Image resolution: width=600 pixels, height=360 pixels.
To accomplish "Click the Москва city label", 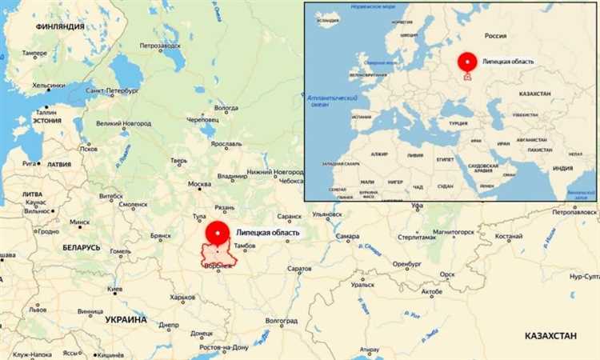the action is coord(198,185).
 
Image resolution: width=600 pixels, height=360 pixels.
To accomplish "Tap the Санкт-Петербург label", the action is coord(111,92).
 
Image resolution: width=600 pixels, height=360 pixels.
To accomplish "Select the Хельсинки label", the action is coord(48,85).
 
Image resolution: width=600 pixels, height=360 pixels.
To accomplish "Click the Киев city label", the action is coord(115,289).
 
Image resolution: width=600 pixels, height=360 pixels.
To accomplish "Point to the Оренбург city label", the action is coord(406,264).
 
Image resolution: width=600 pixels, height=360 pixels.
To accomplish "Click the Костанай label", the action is coord(508,237).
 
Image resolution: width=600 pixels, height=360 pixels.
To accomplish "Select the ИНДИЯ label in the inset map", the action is coord(562,168).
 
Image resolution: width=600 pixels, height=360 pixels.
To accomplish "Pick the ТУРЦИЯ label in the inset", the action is coord(458,124).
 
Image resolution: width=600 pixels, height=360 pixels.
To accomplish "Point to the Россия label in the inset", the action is coord(496,36).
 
